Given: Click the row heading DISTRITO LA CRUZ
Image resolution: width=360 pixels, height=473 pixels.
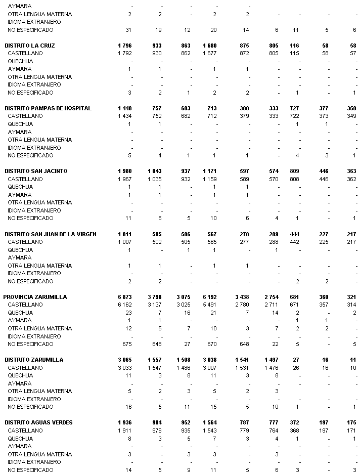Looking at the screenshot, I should [x=29, y=46].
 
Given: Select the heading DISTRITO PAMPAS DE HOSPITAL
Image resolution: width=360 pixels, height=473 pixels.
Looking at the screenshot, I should [x=48, y=108].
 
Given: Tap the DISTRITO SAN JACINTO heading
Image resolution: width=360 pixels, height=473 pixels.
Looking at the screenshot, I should [x=36, y=171].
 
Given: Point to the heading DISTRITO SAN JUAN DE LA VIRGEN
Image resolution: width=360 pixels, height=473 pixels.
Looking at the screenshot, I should [x=51, y=234].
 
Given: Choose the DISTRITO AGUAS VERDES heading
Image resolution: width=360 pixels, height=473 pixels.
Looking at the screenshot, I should [x=38, y=422].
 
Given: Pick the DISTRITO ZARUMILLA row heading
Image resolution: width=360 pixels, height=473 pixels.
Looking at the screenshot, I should [x=34, y=360].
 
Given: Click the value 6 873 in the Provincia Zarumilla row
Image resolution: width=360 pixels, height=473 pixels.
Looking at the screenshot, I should [x=124, y=297].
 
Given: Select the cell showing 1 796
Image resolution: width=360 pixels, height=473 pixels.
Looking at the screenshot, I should [x=124, y=46].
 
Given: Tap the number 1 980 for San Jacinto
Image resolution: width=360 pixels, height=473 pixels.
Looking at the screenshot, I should [x=124, y=171].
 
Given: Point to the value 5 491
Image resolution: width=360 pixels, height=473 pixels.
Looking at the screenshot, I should [x=209, y=305].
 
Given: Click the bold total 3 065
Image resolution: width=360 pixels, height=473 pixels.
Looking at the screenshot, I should [x=124, y=360].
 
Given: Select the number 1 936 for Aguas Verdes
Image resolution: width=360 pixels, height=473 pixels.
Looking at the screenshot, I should [x=124, y=422].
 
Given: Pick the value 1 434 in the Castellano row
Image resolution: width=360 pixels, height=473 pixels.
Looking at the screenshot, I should [x=124, y=116].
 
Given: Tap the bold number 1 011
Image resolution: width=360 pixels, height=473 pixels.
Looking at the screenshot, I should [x=124, y=234].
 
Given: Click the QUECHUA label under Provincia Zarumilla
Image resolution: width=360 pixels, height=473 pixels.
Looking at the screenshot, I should [x=20, y=313].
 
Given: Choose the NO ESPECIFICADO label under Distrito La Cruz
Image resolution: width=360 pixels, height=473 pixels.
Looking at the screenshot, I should [x=30, y=93].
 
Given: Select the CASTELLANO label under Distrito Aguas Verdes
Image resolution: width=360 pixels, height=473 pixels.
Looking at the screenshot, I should [x=25, y=431].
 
